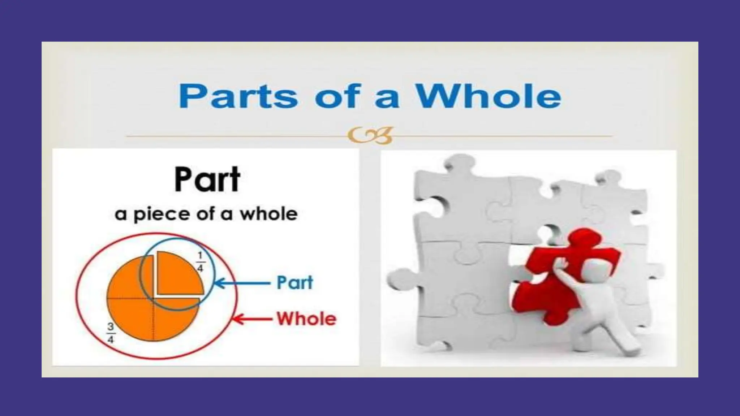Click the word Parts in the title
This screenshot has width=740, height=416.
[238, 96]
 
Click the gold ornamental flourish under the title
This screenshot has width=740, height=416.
[370, 135]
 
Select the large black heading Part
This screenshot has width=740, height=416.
[207, 179]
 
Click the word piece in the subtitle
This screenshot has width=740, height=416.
[162, 214]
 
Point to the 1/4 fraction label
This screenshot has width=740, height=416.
[200, 262]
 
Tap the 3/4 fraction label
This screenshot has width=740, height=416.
[111, 333]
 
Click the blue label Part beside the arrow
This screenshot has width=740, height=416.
[294, 283]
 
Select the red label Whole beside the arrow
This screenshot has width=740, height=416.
[306, 319]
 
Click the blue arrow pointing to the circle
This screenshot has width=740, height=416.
[242, 283]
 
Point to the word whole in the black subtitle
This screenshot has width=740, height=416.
[269, 214]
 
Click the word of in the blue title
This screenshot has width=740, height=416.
[338, 96]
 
